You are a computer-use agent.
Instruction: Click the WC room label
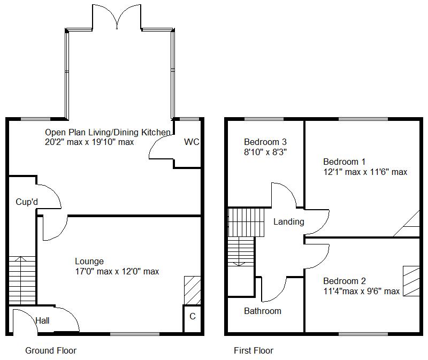click(191, 142)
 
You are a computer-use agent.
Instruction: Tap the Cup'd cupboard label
click(26, 202)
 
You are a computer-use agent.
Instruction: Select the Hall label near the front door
click(42, 321)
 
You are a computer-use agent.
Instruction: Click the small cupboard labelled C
click(193, 317)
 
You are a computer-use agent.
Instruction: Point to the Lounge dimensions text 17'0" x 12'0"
click(117, 272)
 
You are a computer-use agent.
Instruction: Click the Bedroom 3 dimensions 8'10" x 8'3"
click(265, 152)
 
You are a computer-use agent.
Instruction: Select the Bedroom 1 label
click(344, 162)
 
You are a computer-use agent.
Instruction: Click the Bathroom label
click(262, 311)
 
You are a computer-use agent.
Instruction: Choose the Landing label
click(288, 222)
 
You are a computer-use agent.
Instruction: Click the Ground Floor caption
click(51, 351)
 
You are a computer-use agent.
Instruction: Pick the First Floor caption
click(254, 351)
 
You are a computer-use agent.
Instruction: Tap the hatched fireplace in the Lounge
click(192, 290)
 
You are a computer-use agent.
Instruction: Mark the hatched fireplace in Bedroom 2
click(411, 280)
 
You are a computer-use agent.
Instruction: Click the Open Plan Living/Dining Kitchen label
click(108, 132)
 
